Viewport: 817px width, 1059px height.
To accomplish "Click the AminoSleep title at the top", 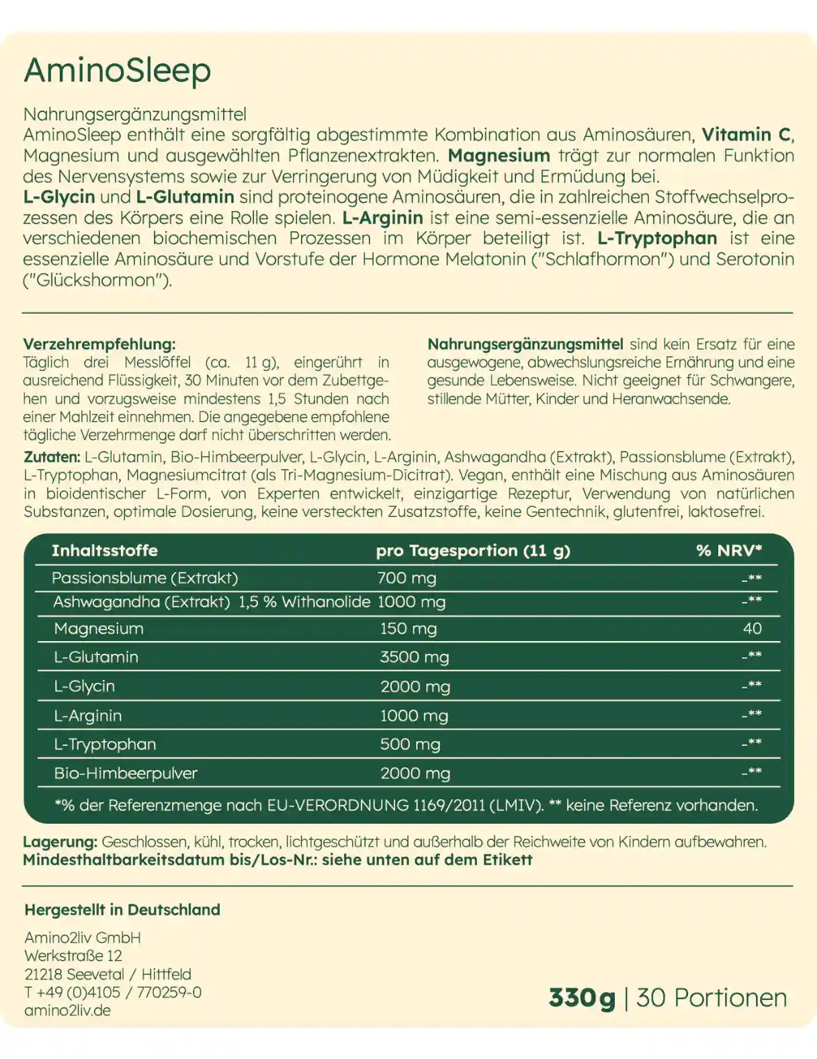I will point(118,71).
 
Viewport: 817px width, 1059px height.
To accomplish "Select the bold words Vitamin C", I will point(746,134).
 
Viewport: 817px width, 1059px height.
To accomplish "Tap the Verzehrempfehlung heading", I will point(99,344).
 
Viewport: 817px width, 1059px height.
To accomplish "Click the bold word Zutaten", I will point(51,457).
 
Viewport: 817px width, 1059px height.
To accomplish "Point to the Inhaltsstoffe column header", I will point(105,550).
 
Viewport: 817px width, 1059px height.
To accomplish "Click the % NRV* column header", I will point(729,550).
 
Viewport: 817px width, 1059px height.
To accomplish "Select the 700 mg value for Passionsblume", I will point(406,578).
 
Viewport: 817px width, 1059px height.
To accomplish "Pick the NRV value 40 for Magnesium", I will point(752,628).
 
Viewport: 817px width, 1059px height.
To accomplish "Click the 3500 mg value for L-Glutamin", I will point(414,657).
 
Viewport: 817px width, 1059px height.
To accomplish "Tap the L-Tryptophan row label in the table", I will point(105,745).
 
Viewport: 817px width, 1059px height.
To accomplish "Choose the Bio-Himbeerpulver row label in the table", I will point(126,773).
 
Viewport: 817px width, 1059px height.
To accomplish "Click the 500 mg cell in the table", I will point(410,745).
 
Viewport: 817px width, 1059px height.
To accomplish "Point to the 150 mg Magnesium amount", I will point(408,629).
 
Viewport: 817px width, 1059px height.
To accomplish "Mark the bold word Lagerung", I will point(60,842).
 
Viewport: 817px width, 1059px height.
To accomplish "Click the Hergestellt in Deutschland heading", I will point(122,910).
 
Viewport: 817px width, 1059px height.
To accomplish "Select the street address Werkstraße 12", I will point(73,956).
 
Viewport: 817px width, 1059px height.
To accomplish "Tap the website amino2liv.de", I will point(67,1011).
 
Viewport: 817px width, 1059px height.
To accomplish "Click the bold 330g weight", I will point(582,998).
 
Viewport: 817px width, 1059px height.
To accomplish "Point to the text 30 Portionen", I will point(712,998).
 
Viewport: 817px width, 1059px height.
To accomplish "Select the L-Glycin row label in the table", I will point(84,687).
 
